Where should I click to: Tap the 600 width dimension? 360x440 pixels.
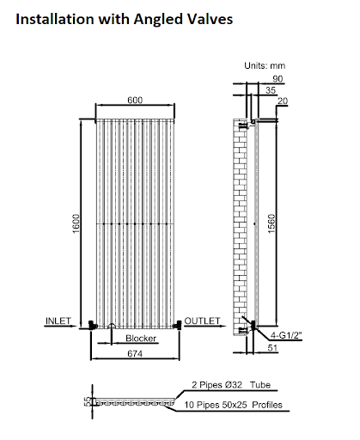point(135,101)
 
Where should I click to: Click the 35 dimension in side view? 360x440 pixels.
point(272,90)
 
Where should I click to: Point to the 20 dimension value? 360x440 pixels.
point(284,101)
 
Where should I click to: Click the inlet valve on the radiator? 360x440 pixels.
point(90,325)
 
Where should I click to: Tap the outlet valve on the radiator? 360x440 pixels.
point(178,325)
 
